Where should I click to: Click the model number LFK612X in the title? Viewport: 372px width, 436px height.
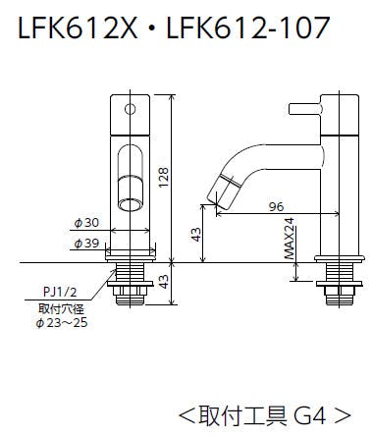[x=78, y=27]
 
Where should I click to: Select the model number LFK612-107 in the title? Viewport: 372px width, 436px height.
[x=248, y=27]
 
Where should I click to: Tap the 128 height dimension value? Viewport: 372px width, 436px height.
[x=163, y=178]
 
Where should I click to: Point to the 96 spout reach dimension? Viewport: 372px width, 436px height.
[x=276, y=207]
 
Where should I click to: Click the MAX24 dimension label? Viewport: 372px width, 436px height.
[x=290, y=239]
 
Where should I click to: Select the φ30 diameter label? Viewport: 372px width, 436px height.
[x=86, y=223]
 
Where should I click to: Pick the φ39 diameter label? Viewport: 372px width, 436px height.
[x=86, y=244]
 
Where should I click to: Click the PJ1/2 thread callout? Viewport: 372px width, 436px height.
[x=61, y=292]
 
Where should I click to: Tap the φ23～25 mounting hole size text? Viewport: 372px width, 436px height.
[x=62, y=323]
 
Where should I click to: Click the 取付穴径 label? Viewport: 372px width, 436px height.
[x=61, y=308]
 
